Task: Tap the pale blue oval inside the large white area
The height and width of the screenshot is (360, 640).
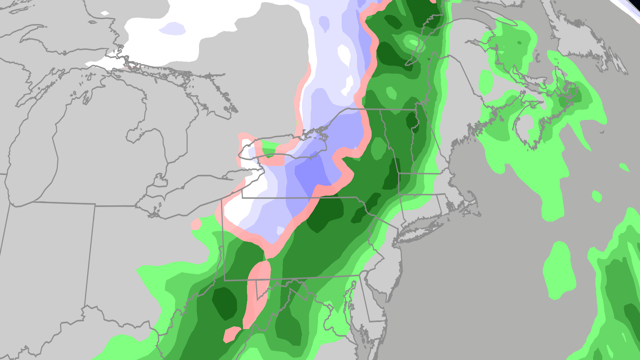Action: point(173,29)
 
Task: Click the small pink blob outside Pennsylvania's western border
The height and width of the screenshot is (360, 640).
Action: point(196,224)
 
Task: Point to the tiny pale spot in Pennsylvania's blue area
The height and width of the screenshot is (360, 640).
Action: point(280,230)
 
